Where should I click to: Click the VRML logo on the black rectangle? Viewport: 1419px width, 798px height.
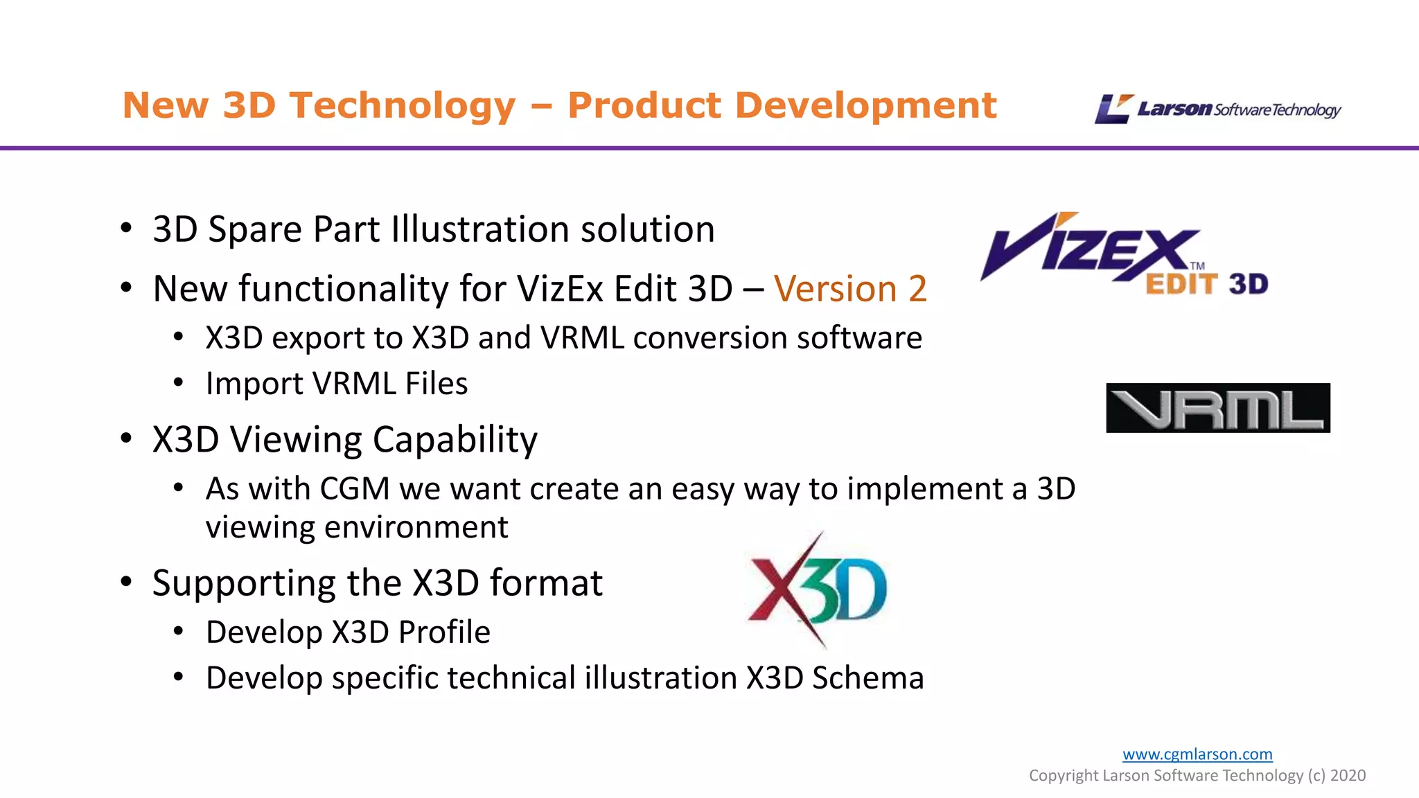point(1217,408)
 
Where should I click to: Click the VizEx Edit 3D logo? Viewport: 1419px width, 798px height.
point(1124,255)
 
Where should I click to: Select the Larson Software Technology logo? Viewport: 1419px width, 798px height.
point(1217,109)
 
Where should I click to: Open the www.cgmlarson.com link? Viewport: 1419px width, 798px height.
point(1197,754)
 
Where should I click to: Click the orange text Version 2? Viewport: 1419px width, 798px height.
point(850,289)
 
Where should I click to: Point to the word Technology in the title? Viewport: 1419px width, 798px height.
point(403,106)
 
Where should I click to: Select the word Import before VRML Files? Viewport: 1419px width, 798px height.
point(254,384)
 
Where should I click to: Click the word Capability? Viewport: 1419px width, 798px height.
point(455,441)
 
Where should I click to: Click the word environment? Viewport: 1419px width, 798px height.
point(416,527)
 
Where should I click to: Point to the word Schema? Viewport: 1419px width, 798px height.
point(867,678)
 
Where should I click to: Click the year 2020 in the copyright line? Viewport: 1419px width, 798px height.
point(1348,775)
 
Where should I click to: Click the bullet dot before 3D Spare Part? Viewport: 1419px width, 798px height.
point(126,228)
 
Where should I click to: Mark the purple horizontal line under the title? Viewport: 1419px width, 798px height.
point(709,148)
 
